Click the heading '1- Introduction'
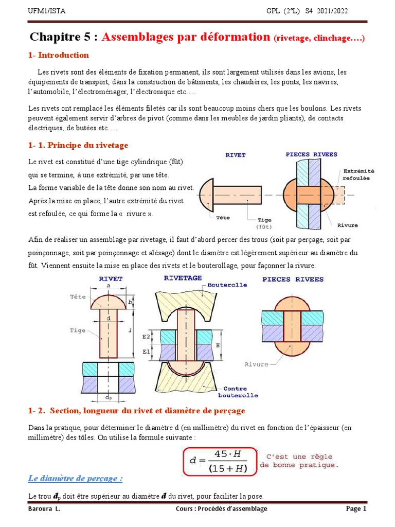[x=58, y=55]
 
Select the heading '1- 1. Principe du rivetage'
[x=78, y=145]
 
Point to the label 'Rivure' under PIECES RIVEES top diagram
[x=348, y=225]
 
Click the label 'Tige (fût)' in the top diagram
[x=264, y=223]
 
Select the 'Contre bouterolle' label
[x=232, y=392]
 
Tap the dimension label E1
[x=146, y=352]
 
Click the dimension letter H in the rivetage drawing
[x=218, y=345]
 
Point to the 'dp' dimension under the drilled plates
[x=108, y=398]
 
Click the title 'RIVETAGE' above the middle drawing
[x=183, y=278]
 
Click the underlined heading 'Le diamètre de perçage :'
[x=75, y=479]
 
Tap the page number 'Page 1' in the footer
[x=355, y=509]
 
